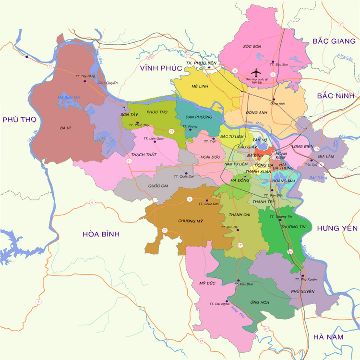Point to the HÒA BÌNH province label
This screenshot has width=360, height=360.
(100, 234)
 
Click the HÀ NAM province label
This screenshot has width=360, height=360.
(328, 337)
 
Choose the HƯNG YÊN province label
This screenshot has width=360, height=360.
(334, 228)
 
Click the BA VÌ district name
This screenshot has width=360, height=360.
(66, 128)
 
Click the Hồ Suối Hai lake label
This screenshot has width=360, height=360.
(68, 98)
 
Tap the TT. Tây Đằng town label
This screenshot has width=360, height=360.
(85, 76)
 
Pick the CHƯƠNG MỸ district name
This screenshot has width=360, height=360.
(189, 221)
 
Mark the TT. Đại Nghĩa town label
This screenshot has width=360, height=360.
(218, 304)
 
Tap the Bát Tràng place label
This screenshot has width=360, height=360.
(318, 177)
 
